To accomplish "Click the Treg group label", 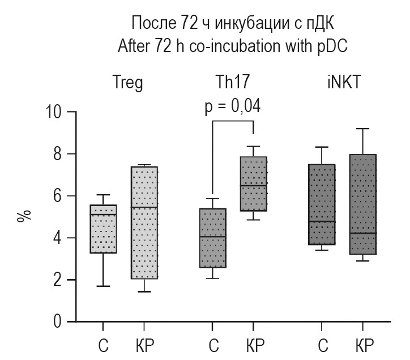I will coord(128,84).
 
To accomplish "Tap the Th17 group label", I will coord(232,84).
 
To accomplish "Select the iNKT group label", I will coord(343,84).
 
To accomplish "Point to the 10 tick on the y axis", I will coord(55,112).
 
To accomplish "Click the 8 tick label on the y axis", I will coord(58,154).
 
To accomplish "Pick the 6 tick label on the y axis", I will coord(58,196).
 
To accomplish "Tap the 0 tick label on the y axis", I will coord(58,322).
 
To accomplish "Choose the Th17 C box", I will coord(212,238).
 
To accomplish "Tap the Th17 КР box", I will coord(253,184).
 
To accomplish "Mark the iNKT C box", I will coord(322,204).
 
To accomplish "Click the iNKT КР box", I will coord(362,204).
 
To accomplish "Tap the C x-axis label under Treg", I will coord(103,345).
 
